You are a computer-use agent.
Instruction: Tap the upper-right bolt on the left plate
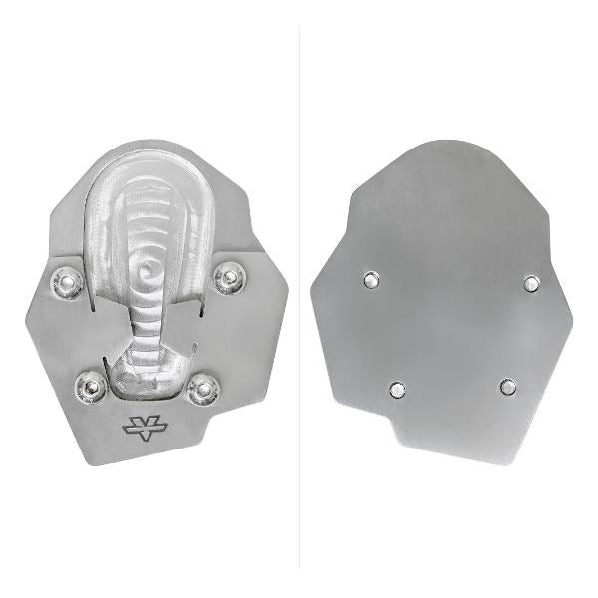click(x=230, y=278)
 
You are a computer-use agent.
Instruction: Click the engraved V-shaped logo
click(x=142, y=428)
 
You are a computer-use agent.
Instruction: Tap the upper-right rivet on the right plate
click(x=531, y=284)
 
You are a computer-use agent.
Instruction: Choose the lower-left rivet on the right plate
click(x=398, y=389)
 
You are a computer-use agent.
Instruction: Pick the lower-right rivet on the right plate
click(x=509, y=386)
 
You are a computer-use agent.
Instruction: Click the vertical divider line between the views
click(x=300, y=299)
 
